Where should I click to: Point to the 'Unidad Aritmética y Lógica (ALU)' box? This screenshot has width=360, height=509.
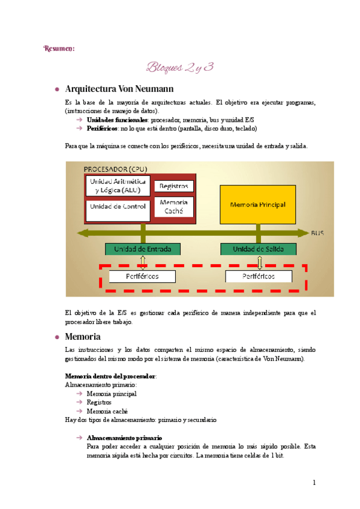click(118, 185)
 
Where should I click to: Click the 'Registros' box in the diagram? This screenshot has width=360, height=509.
click(174, 186)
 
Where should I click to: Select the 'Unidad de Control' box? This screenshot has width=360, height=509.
click(118, 206)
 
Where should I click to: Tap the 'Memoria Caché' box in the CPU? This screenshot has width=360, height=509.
click(174, 206)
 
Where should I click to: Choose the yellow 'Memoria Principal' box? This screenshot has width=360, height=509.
click(258, 204)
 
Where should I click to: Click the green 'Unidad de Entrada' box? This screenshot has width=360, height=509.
click(143, 248)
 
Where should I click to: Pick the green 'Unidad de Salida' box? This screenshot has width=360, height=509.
click(259, 248)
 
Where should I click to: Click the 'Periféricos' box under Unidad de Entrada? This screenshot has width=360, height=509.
click(142, 276)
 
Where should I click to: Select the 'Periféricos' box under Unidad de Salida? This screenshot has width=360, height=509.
click(259, 276)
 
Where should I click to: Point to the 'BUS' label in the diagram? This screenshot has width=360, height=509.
click(318, 233)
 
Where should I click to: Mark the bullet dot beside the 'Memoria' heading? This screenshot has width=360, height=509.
click(57, 337)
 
